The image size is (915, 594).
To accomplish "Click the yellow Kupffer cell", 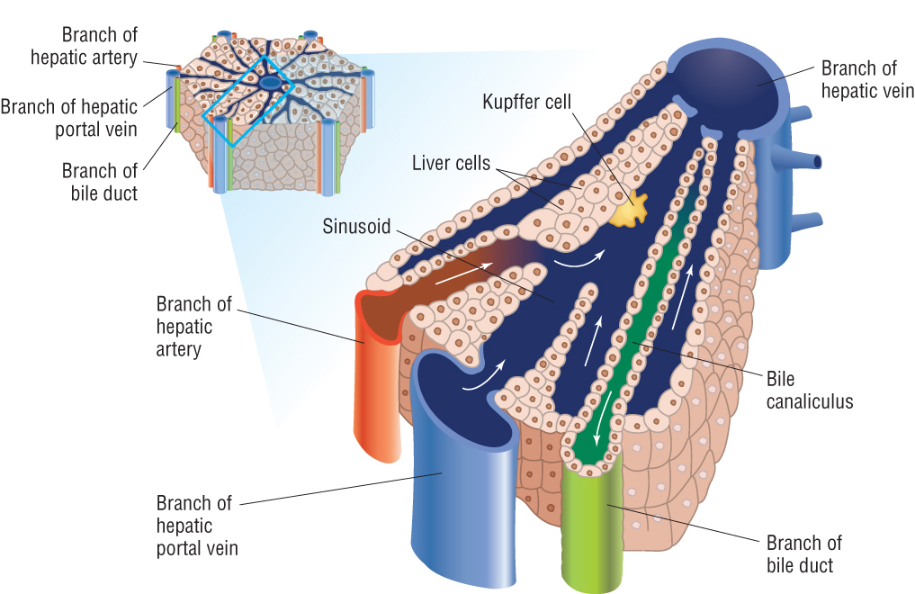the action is (x=629, y=210).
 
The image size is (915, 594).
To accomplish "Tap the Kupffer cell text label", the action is (x=526, y=102).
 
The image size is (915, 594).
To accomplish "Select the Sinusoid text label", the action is (x=356, y=227).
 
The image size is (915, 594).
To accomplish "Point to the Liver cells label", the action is (x=451, y=163).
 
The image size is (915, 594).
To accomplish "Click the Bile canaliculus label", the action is (x=810, y=391).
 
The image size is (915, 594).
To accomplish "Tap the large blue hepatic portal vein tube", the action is (x=464, y=479).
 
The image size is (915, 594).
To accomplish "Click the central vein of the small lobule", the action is (x=270, y=84).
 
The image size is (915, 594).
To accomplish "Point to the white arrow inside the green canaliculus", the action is (x=603, y=418).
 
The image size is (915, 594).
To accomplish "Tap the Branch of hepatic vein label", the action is (x=867, y=79).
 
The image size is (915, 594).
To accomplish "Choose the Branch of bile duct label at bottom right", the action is (x=803, y=554).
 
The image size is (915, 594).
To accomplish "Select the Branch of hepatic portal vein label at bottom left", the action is (x=197, y=526).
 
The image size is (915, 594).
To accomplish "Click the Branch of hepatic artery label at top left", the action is (x=84, y=46).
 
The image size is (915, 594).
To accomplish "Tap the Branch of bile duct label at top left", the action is (x=100, y=182).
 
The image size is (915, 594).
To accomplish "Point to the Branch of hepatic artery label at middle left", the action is (x=193, y=327).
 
